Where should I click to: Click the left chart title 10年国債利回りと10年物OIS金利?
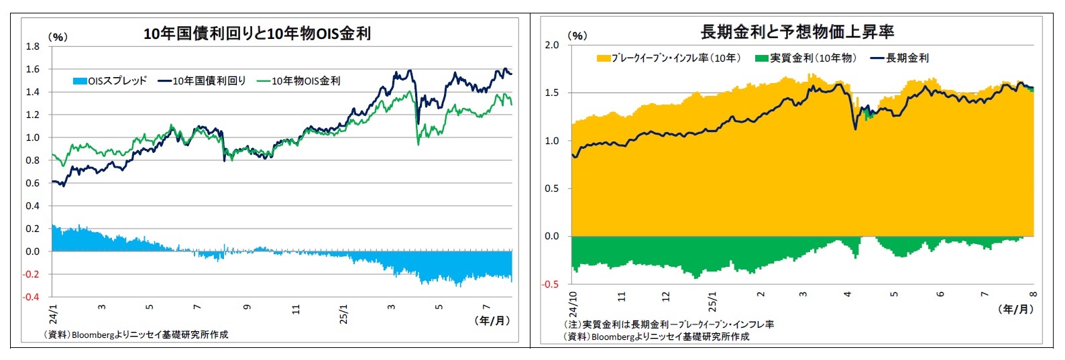(x=257, y=34)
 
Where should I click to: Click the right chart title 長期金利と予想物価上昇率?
(x=797, y=32)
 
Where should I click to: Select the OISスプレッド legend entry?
(x=109, y=81)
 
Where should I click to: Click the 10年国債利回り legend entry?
(x=202, y=81)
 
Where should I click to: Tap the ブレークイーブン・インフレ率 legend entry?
(x=669, y=58)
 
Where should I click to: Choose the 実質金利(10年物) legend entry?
(x=805, y=58)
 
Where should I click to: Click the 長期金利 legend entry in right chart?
(x=900, y=58)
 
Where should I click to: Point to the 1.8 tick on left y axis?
(x=32, y=46)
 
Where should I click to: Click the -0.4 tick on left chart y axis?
(x=32, y=297)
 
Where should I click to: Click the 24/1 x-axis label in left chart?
(x=54, y=314)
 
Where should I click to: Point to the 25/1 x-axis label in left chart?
(x=343, y=314)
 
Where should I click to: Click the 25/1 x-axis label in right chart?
(x=712, y=302)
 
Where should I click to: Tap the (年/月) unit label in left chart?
(x=493, y=320)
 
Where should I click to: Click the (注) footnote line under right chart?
(x=669, y=324)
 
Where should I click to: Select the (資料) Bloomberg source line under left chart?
(x=135, y=335)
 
